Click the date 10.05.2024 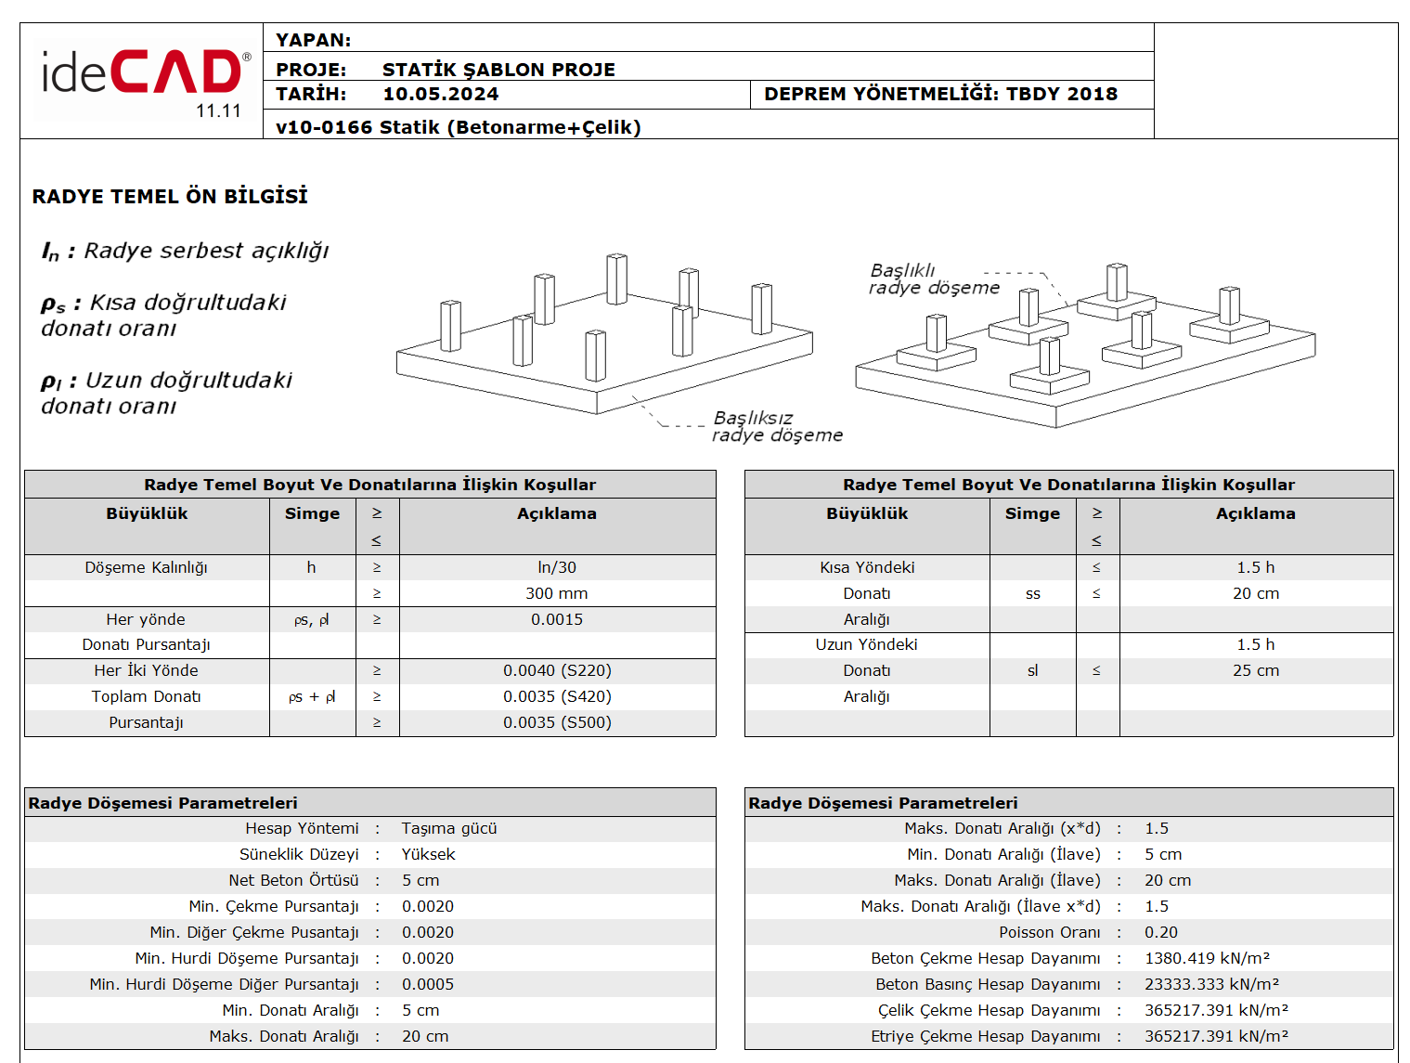tap(440, 94)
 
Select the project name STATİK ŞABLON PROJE tap(498, 70)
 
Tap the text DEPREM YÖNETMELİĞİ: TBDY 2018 tap(940, 94)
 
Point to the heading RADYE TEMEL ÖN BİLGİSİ tap(170, 196)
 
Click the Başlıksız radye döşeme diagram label tap(776, 426)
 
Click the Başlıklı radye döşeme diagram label tap(933, 279)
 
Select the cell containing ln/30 tap(557, 567)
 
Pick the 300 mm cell tap(557, 593)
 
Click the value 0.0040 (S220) tap(557, 670)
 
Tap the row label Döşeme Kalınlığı tap(146, 567)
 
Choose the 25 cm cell tap(1255, 670)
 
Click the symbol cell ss tap(1032, 593)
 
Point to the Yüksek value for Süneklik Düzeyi tap(428, 854)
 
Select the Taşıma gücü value tap(449, 828)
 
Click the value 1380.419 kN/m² tap(1207, 958)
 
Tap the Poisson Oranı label tap(1049, 932)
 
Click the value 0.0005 tap(428, 984)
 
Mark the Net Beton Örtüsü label tap(293, 880)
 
